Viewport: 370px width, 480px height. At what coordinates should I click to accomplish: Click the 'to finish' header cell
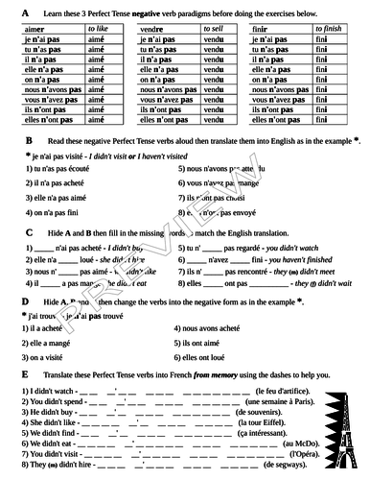coord(325,31)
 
